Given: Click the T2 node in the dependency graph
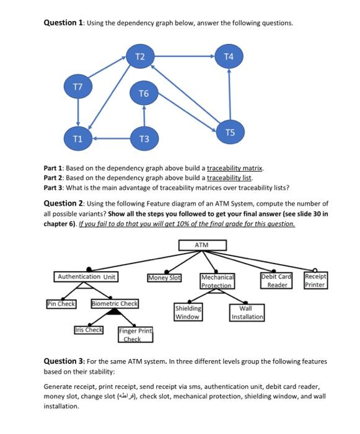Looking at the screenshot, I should [x=140, y=56].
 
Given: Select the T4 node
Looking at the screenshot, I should [x=229, y=56].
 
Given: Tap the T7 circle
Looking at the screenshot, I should [x=78, y=84].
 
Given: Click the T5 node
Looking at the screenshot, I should [x=230, y=132].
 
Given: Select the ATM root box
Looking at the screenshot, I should [x=202, y=246].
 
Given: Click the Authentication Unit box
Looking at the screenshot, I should [x=86, y=277].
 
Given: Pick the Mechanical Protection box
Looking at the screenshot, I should [x=217, y=281].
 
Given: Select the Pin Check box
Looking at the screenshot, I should [x=61, y=304].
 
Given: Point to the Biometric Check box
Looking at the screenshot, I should [x=115, y=304].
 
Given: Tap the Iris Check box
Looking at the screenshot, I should [x=89, y=330].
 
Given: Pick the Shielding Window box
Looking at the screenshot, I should [x=187, y=312].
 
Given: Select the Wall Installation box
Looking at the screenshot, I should [x=246, y=312].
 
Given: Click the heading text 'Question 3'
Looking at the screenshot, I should [x=64, y=361].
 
